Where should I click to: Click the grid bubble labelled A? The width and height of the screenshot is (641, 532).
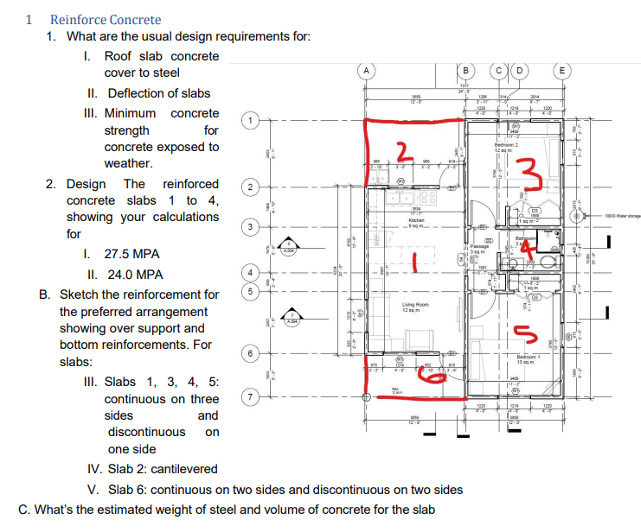coord(367,69)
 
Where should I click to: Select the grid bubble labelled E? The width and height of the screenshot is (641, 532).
coord(563,69)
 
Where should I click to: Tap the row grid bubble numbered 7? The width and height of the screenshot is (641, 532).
coord(250,397)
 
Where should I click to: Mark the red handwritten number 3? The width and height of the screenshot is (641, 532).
coord(535,176)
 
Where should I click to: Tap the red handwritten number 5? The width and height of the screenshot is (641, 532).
coord(522,332)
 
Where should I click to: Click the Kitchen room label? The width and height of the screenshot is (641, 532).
coord(415,222)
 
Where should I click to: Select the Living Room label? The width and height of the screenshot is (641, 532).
coord(415,306)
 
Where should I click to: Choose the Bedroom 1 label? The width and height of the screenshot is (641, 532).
coord(528,357)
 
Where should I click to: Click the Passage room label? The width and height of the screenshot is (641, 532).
coord(481,247)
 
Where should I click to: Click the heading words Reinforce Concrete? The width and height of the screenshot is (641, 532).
coord(106,19)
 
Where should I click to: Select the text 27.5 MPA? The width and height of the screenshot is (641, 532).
coord(133,255)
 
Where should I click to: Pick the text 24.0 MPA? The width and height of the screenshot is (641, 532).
coord(133,275)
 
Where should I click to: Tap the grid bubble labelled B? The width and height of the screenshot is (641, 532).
coord(467,69)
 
